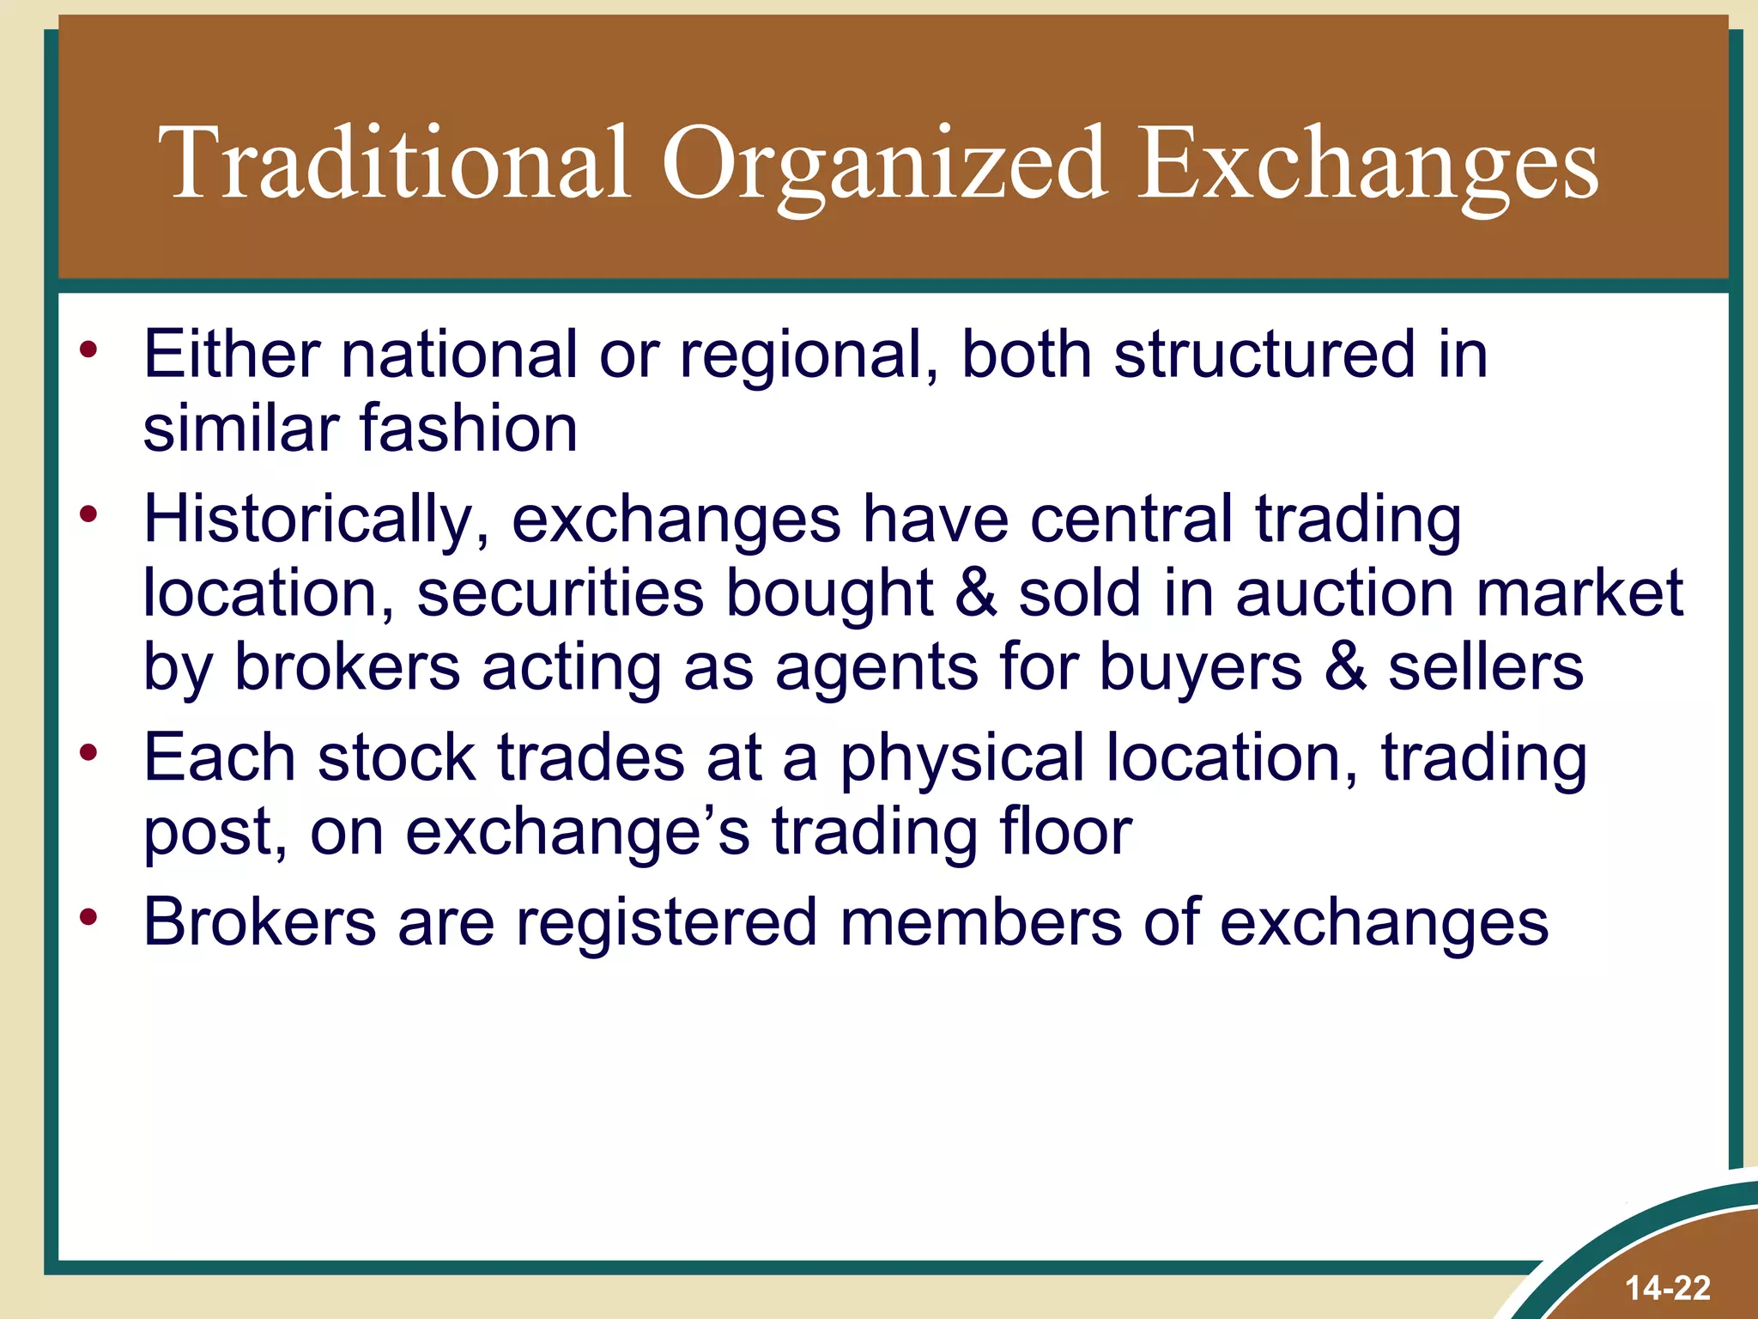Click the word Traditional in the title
coord(394,163)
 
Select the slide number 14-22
coord(1668,1288)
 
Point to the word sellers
coord(1486,667)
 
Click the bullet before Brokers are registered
coord(89,916)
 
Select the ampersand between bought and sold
coord(975,593)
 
